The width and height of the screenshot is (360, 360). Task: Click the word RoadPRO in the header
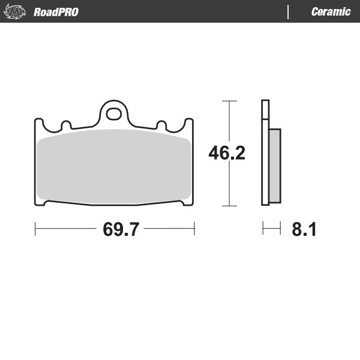pos(56,12)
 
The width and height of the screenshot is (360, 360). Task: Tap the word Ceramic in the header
pos(331,12)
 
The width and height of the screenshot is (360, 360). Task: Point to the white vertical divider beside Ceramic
pos(288,12)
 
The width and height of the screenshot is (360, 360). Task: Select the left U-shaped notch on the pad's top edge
pos(67,126)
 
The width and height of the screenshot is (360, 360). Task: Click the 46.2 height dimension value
pos(226,154)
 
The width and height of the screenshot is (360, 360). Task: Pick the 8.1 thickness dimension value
pos(304,229)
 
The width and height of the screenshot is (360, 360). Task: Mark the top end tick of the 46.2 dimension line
pos(227,101)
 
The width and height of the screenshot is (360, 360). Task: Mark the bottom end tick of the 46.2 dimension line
pos(227,206)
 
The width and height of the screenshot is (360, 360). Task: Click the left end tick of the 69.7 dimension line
pos(35,229)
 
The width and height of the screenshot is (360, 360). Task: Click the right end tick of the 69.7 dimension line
pos(194,229)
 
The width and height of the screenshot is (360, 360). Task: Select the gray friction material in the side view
pos(274,166)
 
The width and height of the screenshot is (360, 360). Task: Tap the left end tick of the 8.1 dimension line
pos(263,229)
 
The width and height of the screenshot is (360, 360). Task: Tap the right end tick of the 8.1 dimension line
pos(280,229)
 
